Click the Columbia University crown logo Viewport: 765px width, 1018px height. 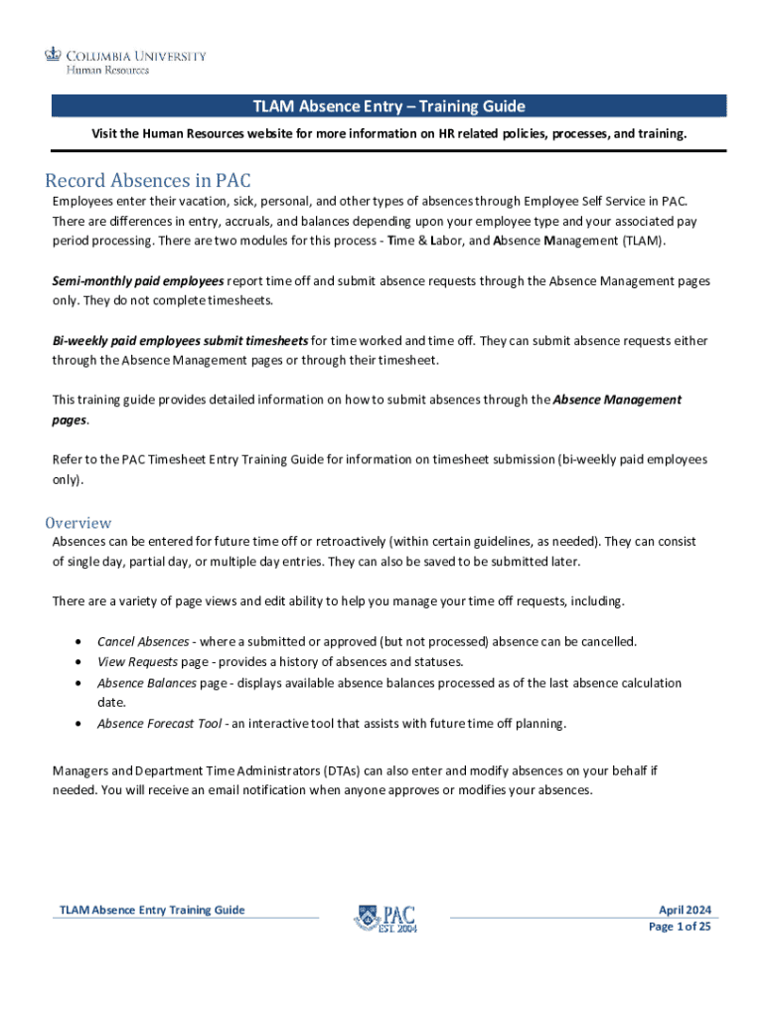click(53, 55)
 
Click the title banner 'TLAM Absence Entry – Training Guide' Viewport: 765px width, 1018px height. click(388, 106)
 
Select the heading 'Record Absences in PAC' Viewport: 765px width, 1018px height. click(148, 181)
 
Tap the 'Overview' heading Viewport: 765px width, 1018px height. click(78, 523)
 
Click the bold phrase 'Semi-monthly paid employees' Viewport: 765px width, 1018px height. click(138, 281)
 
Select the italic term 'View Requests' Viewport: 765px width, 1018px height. click(137, 662)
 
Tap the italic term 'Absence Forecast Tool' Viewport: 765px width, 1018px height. click(159, 724)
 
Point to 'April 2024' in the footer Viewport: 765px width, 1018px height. click(685, 910)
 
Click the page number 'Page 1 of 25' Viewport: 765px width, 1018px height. click(680, 928)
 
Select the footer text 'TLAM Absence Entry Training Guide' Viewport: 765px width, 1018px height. click(152, 910)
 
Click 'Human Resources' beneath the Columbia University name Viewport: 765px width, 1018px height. click(107, 71)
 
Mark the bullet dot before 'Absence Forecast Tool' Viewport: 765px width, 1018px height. click(78, 724)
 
